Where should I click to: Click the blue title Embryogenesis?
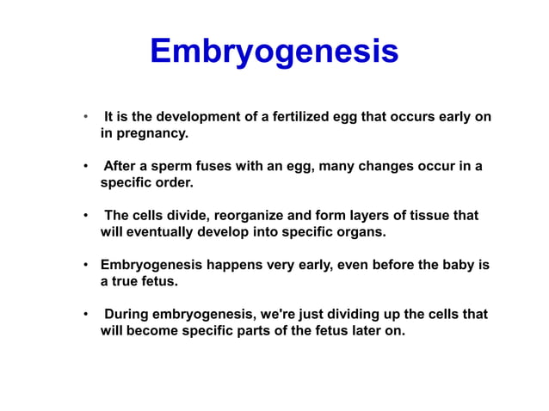[274, 52]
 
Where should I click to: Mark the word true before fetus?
[128, 281]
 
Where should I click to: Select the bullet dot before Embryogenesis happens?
[84, 265]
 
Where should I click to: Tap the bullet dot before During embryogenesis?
[84, 314]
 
